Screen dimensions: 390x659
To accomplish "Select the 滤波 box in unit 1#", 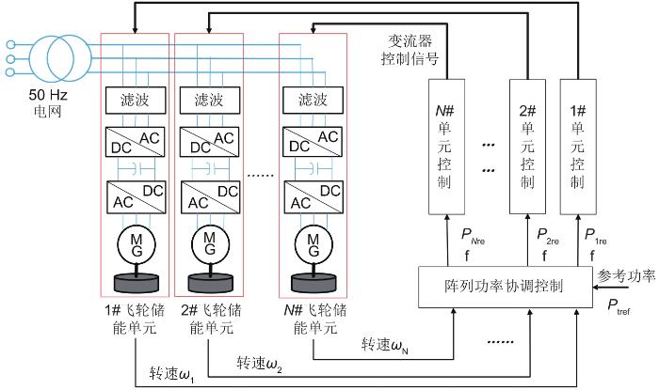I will [x=135, y=99].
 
